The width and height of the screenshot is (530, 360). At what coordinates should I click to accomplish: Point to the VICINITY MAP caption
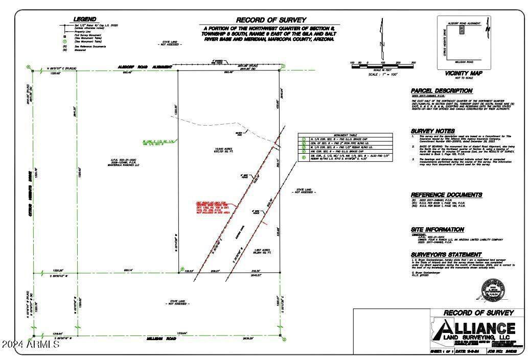[x=464, y=73]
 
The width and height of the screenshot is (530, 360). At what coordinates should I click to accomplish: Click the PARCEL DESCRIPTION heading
[x=442, y=91]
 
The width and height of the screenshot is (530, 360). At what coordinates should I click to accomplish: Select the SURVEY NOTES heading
[x=432, y=131]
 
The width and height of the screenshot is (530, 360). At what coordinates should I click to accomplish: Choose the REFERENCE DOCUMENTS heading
[x=446, y=195]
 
